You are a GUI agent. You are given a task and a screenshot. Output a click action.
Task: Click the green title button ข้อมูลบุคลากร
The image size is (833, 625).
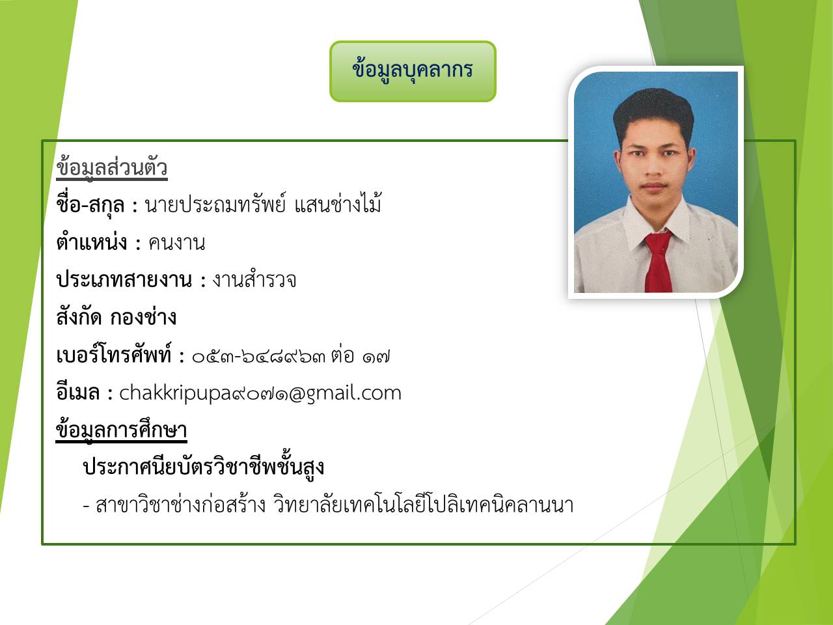(413, 72)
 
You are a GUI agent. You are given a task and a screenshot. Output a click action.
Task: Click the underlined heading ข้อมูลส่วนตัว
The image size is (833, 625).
(112, 169)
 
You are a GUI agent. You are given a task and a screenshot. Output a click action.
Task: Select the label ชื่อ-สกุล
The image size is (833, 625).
(90, 205)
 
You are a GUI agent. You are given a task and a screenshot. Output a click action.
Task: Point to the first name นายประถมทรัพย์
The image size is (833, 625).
(215, 204)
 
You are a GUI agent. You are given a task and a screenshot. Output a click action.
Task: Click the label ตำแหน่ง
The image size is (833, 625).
(92, 242)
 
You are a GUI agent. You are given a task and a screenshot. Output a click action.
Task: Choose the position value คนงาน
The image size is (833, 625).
(177, 243)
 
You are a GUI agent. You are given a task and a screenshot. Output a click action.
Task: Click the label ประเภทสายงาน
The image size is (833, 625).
(124, 280)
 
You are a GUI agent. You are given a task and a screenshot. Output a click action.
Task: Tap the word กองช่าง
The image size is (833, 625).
(143, 317)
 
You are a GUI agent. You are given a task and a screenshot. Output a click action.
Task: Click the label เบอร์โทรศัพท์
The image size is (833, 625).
(113, 355)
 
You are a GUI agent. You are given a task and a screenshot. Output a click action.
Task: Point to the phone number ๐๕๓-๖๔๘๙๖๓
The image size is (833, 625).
(259, 357)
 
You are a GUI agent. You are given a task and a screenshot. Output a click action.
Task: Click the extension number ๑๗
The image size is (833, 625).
(376, 357)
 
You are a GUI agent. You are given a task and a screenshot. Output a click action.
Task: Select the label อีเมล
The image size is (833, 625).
(78, 392)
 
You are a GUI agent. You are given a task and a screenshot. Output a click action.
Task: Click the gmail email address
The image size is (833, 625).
(260, 393)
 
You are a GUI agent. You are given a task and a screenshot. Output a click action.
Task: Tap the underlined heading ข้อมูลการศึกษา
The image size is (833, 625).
(122, 430)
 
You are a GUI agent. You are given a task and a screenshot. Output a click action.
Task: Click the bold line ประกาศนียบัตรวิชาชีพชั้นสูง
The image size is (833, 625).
(204, 467)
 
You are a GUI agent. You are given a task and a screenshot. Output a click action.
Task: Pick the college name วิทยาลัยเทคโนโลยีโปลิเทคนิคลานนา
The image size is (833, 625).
(423, 505)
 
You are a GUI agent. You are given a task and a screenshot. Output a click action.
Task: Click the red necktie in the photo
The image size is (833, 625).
(659, 262)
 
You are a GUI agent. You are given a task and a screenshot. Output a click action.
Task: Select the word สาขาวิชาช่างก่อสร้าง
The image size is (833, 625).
(181, 505)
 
